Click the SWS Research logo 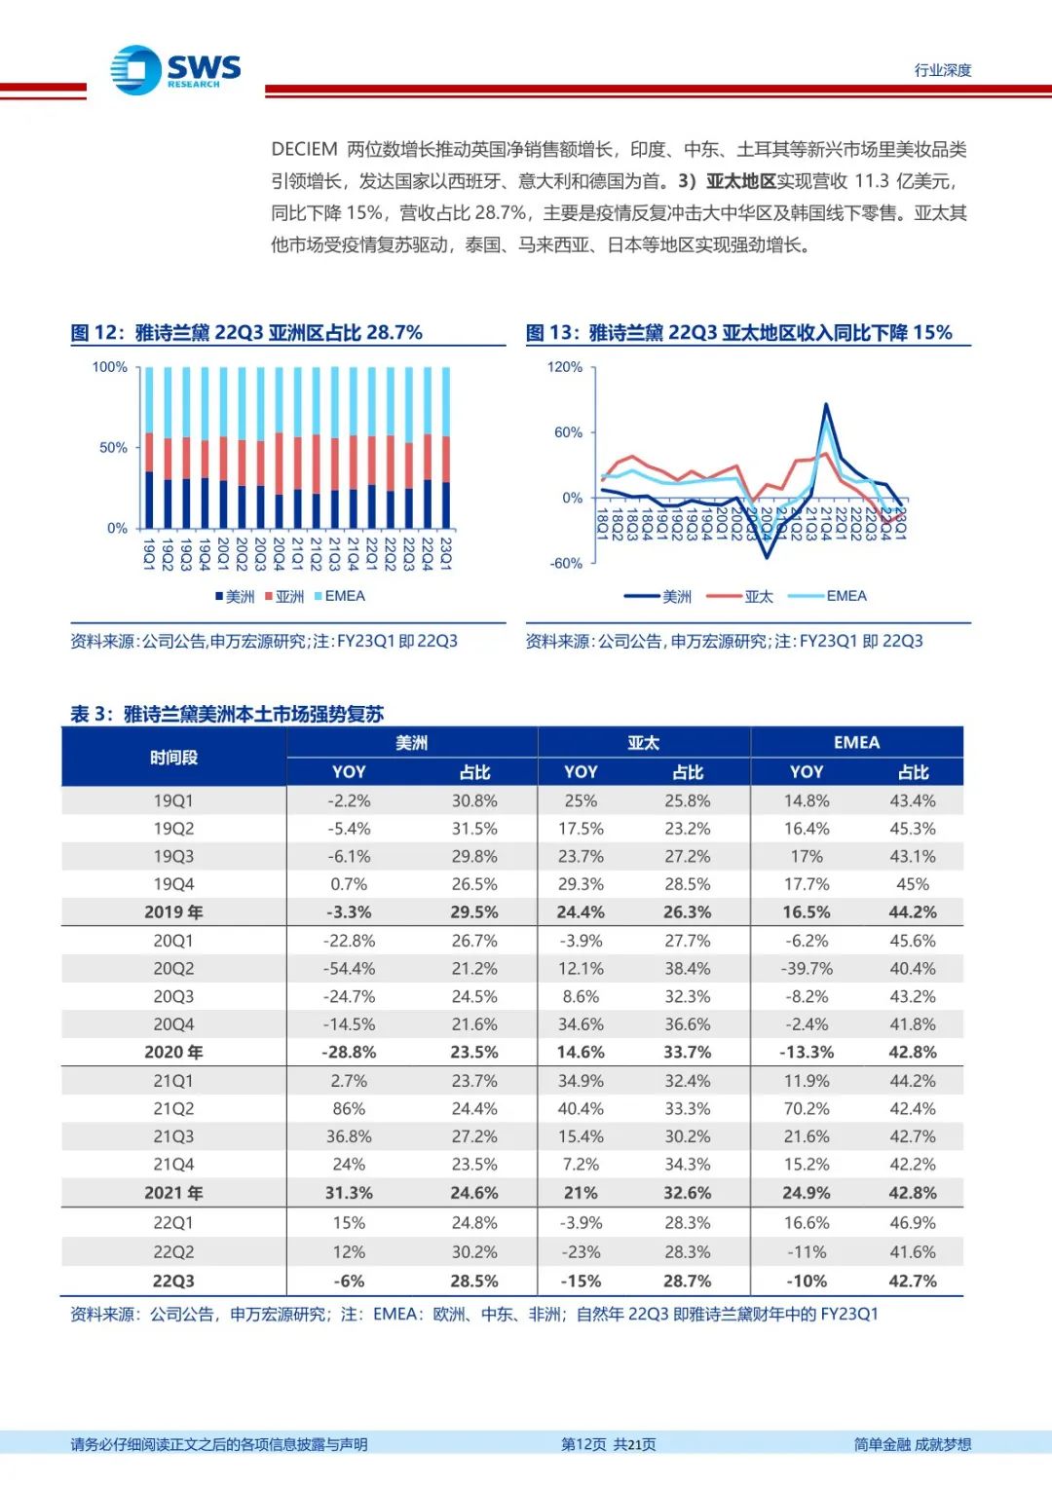coord(175,70)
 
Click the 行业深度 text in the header coord(942,70)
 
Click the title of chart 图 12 coord(246,333)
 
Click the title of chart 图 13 coord(738,333)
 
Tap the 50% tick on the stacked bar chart coord(113,448)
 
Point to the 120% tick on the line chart coord(565,367)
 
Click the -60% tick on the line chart coord(566,564)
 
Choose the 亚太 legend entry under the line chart coord(750,596)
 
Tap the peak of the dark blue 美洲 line coord(826,404)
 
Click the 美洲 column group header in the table coord(411,743)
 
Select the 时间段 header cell coord(173,758)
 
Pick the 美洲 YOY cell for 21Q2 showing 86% coord(349,1109)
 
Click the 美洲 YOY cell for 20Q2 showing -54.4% coord(349,969)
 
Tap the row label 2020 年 coord(173,1053)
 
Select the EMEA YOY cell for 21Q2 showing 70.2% coord(807,1109)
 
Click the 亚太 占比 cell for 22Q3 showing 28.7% coord(688,1282)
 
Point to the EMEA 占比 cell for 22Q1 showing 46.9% coord(913,1223)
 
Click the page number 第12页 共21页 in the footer coord(609,1444)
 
